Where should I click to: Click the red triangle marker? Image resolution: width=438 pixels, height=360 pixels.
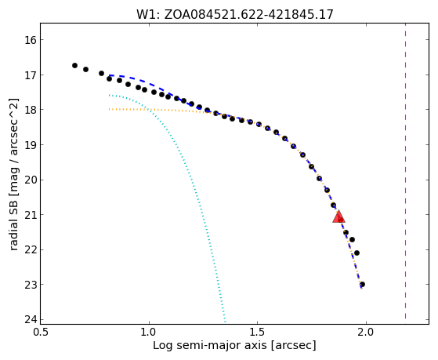pyautogui.click(x=338, y=216)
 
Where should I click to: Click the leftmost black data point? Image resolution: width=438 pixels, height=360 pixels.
pyautogui.click(x=74, y=65)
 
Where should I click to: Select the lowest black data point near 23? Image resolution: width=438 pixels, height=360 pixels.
pyautogui.click(x=362, y=285)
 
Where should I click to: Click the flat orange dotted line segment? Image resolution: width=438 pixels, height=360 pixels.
pyautogui.click(x=157, y=110)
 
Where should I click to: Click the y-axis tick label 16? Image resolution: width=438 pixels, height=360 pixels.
pyautogui.click(x=31, y=40)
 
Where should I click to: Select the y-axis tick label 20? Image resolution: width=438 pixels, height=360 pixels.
pyautogui.click(x=31, y=180)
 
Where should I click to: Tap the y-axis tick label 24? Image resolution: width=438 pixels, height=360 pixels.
pyautogui.click(x=31, y=319)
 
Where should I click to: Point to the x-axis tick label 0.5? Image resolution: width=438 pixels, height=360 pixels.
pyautogui.click(x=41, y=333)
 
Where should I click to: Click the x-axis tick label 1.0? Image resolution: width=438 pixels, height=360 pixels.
pyautogui.click(x=149, y=333)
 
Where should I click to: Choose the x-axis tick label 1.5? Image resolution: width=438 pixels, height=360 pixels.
pyautogui.click(x=257, y=333)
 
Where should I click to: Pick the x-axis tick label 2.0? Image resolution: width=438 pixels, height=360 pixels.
pyautogui.click(x=366, y=333)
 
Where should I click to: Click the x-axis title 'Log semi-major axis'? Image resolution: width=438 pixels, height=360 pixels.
pyautogui.click(x=209, y=346)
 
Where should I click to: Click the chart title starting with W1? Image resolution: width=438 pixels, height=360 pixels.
pyautogui.click(x=234, y=14)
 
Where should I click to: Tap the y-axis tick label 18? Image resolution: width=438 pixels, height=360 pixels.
pyautogui.click(x=31, y=110)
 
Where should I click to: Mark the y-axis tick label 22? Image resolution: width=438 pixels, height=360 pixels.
pyautogui.click(x=31, y=249)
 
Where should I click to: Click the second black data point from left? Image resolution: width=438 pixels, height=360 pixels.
pyautogui.click(x=85, y=69)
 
